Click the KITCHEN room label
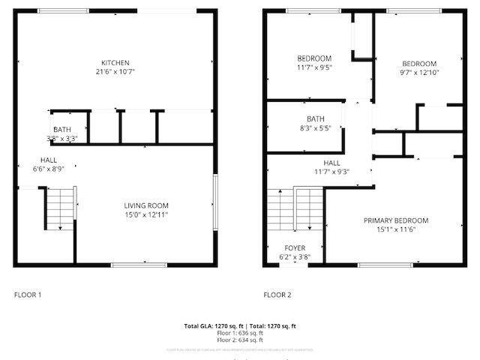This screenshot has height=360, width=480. click(116, 62)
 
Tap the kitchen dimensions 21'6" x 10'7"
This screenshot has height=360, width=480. click(116, 72)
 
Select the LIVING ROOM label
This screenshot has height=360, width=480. click(146, 205)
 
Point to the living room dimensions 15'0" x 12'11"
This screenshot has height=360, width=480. click(146, 215)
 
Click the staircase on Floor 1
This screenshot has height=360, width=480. click(61, 208)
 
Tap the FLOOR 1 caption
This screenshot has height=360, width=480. click(28, 295)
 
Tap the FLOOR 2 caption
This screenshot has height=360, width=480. click(277, 295)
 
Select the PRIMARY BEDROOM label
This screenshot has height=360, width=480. click(396, 220)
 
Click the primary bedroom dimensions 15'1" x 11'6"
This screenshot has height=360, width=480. click(396, 229)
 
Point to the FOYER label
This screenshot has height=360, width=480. click(295, 248)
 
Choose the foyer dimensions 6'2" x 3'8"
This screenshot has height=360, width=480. click(295, 257)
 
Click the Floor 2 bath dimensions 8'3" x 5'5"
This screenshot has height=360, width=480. click(315, 128)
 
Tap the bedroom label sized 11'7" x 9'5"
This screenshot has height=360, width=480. click(314, 58)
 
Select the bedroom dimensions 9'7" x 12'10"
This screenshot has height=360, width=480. click(418, 73)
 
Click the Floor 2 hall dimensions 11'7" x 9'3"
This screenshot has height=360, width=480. click(331, 172)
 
